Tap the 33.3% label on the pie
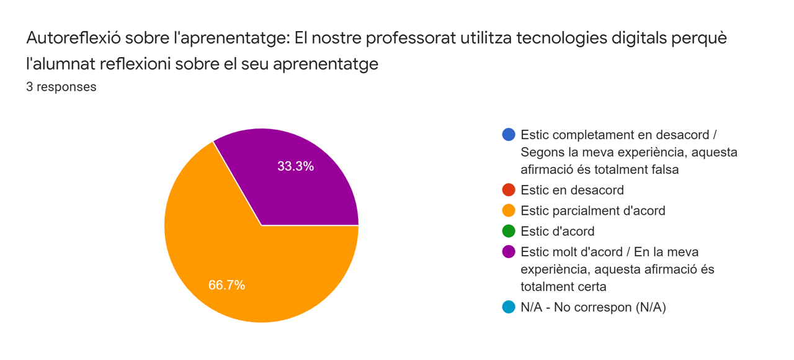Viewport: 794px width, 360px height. point(295,166)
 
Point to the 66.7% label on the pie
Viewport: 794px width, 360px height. point(226,285)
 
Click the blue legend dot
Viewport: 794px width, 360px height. point(509,135)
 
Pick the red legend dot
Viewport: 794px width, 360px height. point(509,190)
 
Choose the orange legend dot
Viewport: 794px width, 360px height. point(509,210)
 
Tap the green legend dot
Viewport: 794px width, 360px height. point(509,231)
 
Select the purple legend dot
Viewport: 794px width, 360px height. point(509,252)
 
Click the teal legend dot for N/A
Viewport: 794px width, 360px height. point(509,307)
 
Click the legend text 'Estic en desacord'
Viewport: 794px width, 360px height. point(572,190)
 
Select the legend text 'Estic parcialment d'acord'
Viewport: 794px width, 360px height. point(592,210)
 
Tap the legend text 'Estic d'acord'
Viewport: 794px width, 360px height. point(557,231)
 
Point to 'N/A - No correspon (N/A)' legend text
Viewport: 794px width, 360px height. point(593,307)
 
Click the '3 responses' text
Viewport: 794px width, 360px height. point(61,87)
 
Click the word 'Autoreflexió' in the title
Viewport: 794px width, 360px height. point(73,38)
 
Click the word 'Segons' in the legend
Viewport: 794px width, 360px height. point(541,152)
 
